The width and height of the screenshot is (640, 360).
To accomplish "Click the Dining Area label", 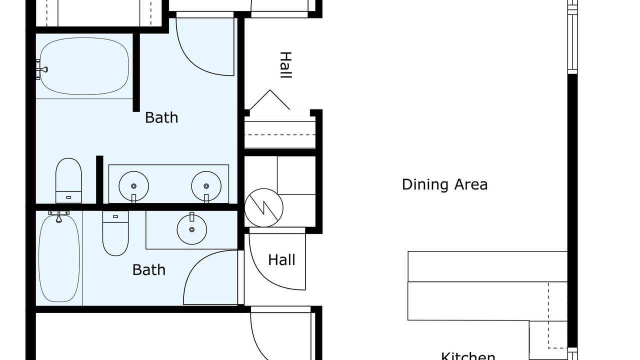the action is pyautogui.click(x=444, y=184).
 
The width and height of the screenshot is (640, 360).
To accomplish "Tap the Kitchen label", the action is pyautogui.click(x=468, y=356).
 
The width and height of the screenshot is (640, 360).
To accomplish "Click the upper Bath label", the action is pyautogui.click(x=161, y=117).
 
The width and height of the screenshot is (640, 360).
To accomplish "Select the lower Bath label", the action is pyautogui.click(x=149, y=270).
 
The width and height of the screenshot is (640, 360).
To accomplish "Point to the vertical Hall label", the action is pyautogui.click(x=285, y=65).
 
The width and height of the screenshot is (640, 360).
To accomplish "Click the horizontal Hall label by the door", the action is pyautogui.click(x=281, y=260).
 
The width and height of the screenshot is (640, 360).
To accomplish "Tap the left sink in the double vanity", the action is pyautogui.click(x=133, y=186).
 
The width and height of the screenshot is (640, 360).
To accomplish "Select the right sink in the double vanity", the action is pyautogui.click(x=206, y=186).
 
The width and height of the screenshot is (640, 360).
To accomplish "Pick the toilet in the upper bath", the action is pyautogui.click(x=68, y=180).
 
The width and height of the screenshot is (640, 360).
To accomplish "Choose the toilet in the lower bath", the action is pyautogui.click(x=115, y=233).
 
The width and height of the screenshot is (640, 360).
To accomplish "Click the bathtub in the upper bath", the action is pyautogui.click(x=84, y=66).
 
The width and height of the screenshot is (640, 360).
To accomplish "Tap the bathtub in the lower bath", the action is pyautogui.click(x=59, y=258).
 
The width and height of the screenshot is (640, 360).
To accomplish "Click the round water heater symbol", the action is pyautogui.click(x=263, y=207).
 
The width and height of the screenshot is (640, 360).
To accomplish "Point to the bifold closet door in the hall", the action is pyautogui.click(x=270, y=99).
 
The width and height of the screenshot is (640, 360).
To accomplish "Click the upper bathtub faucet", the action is pyautogui.click(x=42, y=69).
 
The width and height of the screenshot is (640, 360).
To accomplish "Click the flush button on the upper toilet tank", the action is pyautogui.click(x=68, y=197).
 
